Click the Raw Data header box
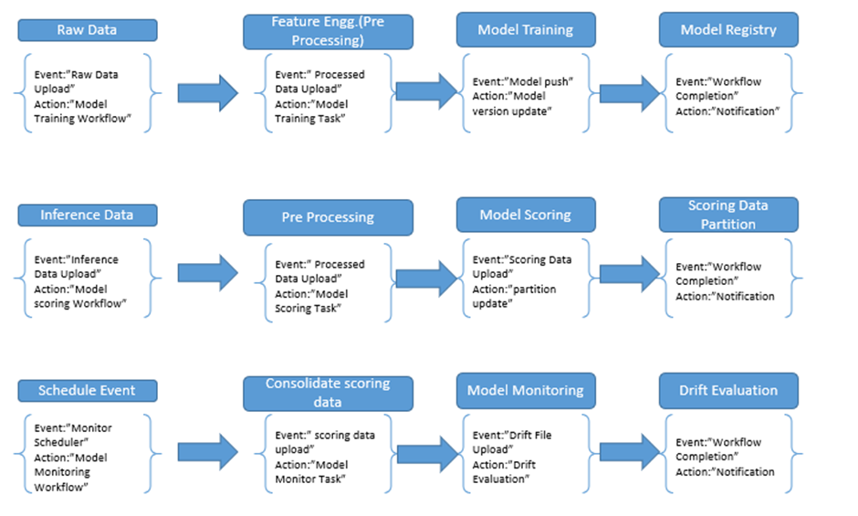point(88,30)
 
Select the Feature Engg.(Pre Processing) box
point(328,32)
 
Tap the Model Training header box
point(526,29)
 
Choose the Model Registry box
point(728,29)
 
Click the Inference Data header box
point(88,216)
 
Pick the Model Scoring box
point(526,215)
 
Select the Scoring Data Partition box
point(728,215)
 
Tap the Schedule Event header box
point(88,391)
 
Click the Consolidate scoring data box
point(328,394)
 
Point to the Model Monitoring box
point(526,391)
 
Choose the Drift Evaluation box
point(728,391)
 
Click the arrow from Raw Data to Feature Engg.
point(208,93)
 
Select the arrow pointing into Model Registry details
point(630,93)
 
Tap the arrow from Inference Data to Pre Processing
point(208,272)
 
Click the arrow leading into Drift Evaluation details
point(630,452)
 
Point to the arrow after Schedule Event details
point(208,452)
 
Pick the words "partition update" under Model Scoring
point(515,296)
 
